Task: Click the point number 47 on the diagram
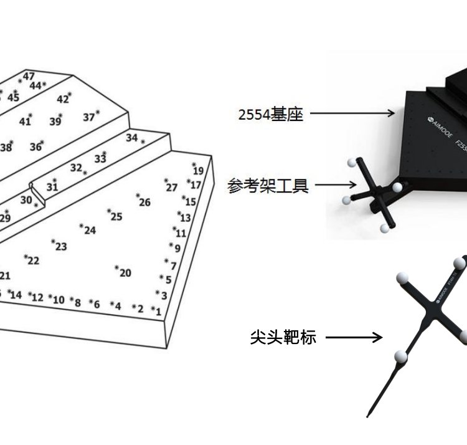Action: point(29,77)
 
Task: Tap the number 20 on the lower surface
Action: point(125,272)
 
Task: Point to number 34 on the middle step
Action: point(132,138)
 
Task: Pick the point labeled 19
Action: point(197,170)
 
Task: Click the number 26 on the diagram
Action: point(144,201)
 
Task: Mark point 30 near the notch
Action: point(26,200)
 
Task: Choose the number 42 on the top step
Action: point(63,99)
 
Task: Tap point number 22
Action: point(32,261)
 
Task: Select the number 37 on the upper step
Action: point(89,117)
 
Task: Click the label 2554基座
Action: point(270,114)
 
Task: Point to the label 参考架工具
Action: point(268,185)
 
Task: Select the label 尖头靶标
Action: point(283,337)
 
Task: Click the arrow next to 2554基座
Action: point(352,113)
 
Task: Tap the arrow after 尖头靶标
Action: point(354,338)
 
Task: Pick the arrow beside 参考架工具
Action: point(336,184)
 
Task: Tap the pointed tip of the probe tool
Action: point(369,415)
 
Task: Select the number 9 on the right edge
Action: point(177,247)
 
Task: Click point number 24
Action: point(90,231)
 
